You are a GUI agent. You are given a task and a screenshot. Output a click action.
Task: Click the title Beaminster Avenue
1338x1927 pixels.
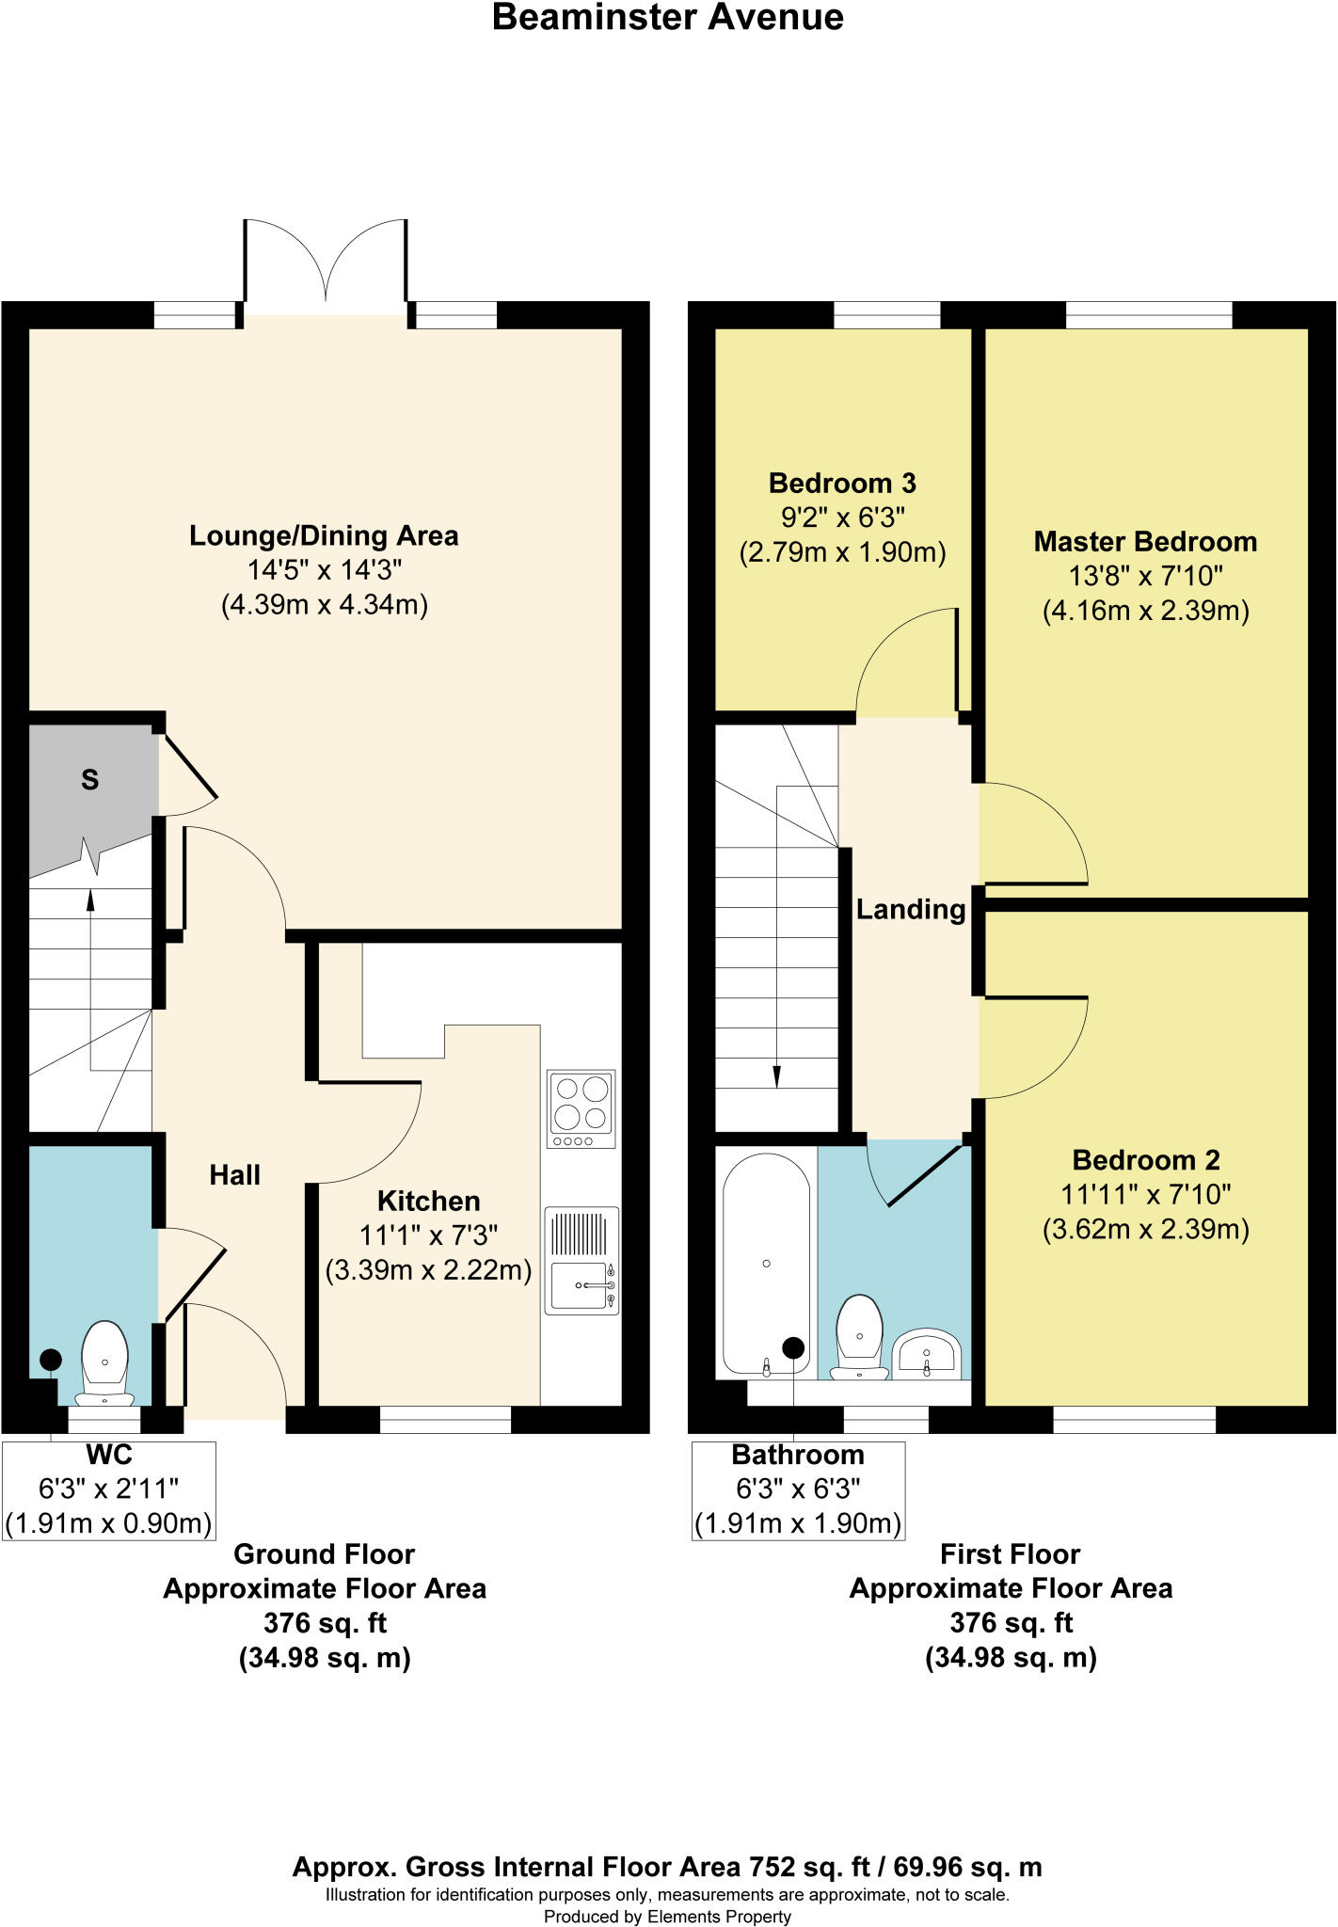(x=667, y=18)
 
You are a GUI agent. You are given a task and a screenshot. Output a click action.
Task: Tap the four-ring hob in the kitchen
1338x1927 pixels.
(x=581, y=1107)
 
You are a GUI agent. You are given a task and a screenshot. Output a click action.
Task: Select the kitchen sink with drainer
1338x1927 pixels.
(x=581, y=1261)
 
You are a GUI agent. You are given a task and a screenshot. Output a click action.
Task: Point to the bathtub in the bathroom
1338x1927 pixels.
(x=766, y=1263)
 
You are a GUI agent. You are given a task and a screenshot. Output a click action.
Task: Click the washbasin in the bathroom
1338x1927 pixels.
(x=927, y=1353)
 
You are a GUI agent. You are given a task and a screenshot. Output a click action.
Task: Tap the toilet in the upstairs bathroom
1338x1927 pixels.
(x=859, y=1336)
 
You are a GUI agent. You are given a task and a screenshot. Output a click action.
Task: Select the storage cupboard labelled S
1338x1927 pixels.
(x=89, y=780)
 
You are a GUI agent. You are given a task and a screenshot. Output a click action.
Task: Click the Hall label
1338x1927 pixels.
(x=234, y=1174)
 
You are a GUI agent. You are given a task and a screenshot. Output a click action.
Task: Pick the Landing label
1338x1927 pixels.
(x=910, y=909)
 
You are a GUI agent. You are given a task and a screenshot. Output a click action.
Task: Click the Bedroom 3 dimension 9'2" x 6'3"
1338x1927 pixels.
(x=841, y=518)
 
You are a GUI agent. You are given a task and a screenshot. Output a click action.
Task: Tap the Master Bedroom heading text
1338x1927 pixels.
(x=1145, y=542)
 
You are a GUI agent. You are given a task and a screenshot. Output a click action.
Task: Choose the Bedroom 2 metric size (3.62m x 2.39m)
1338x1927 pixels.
(x=1145, y=1229)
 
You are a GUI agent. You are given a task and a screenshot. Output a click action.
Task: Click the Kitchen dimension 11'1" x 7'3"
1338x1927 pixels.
(x=428, y=1235)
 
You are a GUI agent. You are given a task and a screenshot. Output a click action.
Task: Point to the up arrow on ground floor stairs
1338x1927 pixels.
(x=90, y=898)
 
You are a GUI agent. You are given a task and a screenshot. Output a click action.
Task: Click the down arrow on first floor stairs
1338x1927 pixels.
(x=777, y=1077)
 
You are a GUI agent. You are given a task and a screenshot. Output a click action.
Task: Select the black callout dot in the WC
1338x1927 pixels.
(x=51, y=1360)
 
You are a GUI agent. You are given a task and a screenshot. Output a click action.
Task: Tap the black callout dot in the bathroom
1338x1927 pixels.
(x=794, y=1347)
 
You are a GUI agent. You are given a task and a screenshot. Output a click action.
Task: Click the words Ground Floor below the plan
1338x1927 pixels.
(x=324, y=1554)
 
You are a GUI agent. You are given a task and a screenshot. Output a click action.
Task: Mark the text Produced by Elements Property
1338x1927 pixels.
(x=667, y=1917)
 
